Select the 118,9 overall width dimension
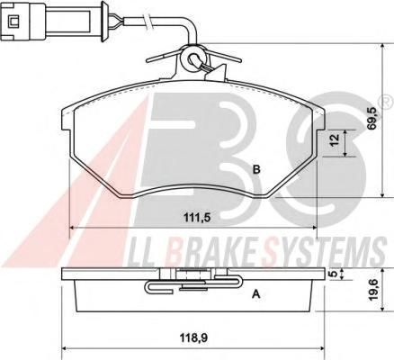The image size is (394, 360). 193,338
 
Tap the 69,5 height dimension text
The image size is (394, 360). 372,119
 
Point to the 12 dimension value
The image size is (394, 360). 336,139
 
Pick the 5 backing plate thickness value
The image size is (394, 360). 333,274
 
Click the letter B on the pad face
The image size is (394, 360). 256,169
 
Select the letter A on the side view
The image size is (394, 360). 255,294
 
